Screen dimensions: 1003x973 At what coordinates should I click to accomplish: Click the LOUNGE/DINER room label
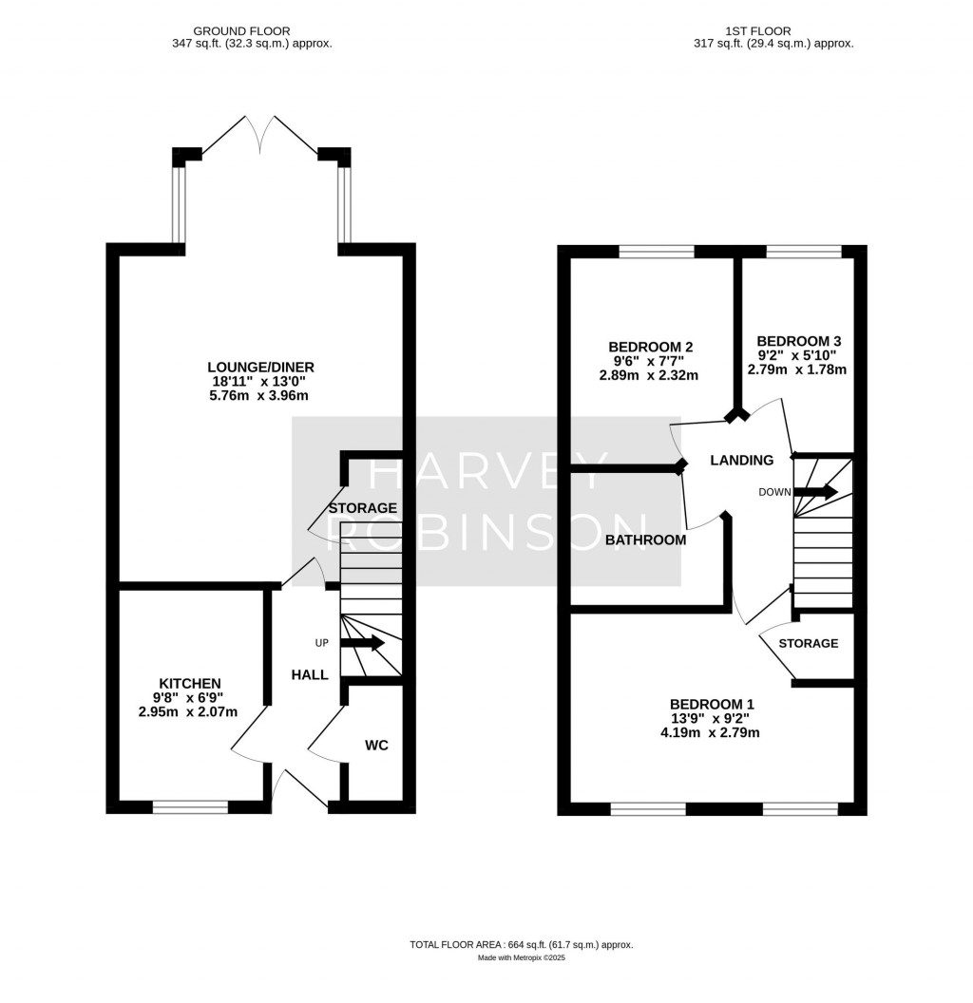pyautogui.click(x=260, y=367)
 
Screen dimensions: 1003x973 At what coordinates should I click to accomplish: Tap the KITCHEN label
pyautogui.click(x=190, y=683)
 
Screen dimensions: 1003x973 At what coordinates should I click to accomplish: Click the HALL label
pyautogui.click(x=310, y=674)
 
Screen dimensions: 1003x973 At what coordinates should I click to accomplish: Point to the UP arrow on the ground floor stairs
pyautogui.click(x=362, y=643)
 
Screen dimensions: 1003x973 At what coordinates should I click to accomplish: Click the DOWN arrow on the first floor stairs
pyautogui.click(x=815, y=492)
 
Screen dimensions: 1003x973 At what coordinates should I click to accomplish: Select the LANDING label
pyautogui.click(x=742, y=461)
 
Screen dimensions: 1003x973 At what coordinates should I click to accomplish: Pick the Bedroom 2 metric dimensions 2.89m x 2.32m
pyautogui.click(x=648, y=375)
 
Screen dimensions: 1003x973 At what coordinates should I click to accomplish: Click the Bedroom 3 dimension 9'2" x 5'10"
pyautogui.click(x=797, y=355)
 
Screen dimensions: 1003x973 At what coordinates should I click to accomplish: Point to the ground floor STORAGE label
pyautogui.click(x=362, y=508)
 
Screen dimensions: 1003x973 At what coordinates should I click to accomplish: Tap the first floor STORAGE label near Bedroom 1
pyautogui.click(x=808, y=643)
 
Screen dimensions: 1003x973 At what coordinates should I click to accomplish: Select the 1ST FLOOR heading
pyautogui.click(x=756, y=31)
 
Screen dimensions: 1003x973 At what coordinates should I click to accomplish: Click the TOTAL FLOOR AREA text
pyautogui.click(x=521, y=944)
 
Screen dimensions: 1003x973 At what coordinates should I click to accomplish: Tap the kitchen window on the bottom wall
pyautogui.click(x=190, y=807)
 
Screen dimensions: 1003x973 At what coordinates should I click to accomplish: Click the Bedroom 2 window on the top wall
pyautogui.click(x=657, y=252)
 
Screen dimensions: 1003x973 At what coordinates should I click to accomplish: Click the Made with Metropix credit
pyautogui.click(x=521, y=958)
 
